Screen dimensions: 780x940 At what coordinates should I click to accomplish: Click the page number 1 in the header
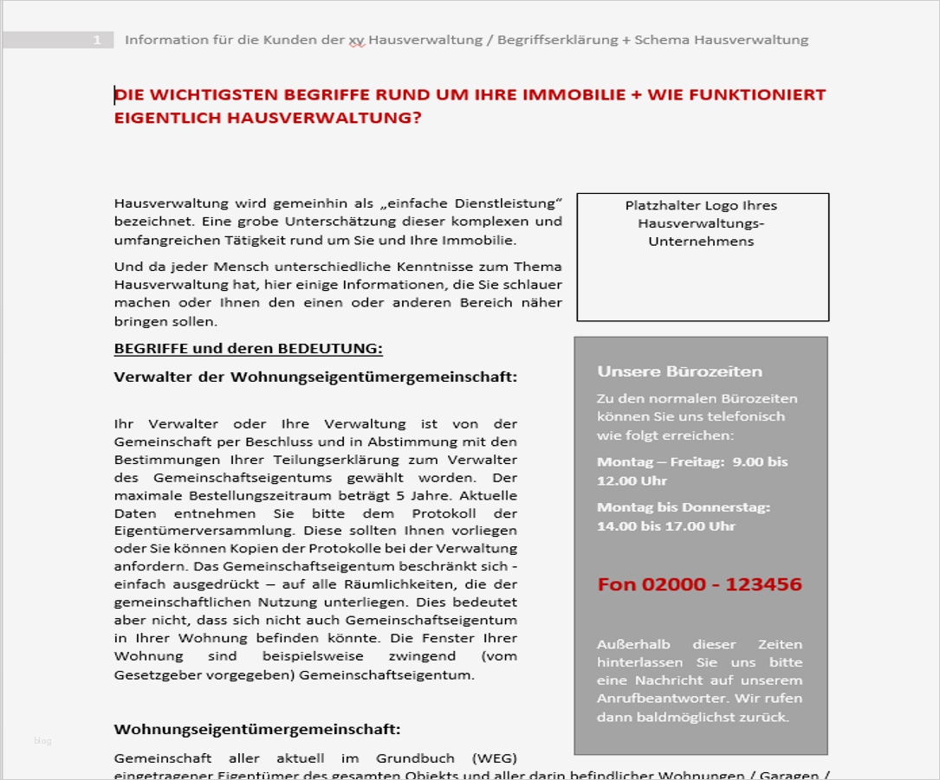pyautogui.click(x=98, y=40)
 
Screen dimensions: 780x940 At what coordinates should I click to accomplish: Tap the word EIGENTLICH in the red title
pyautogui.click(x=167, y=118)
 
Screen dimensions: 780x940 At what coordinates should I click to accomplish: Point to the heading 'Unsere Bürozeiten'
pyautogui.click(x=679, y=371)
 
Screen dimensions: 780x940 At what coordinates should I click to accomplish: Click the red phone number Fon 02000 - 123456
pyautogui.click(x=699, y=584)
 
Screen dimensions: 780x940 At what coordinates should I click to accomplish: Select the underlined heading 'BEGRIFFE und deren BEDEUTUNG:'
pyautogui.click(x=248, y=349)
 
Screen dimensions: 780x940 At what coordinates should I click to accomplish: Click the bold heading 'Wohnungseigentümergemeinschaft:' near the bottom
pyautogui.click(x=257, y=729)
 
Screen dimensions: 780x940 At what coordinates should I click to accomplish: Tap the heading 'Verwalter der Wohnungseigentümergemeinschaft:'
pyautogui.click(x=315, y=377)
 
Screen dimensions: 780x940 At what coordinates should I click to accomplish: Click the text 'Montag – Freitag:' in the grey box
pyautogui.click(x=660, y=462)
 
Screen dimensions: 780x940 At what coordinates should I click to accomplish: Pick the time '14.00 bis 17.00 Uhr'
pyautogui.click(x=665, y=525)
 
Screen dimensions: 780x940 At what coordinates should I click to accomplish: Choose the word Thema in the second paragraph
pyautogui.click(x=537, y=267)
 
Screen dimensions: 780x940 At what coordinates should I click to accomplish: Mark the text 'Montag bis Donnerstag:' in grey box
pyautogui.click(x=684, y=507)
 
